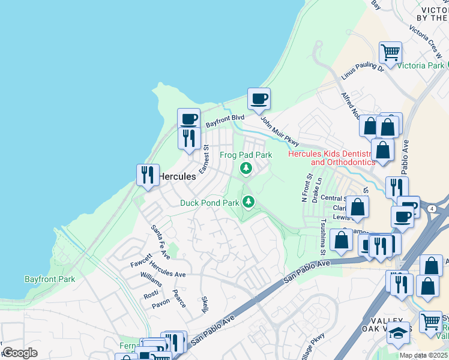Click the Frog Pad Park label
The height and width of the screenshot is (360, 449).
pyautogui.click(x=246, y=155)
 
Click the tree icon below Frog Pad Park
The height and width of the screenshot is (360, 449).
pyautogui.click(x=246, y=169)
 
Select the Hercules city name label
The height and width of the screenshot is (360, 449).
pyautogui.click(x=177, y=176)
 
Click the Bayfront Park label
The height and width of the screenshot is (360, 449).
pyautogui.click(x=50, y=279)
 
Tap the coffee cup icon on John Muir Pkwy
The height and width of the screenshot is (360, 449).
pyautogui.click(x=259, y=99)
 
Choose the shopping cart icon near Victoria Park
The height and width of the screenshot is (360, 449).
pyautogui.click(x=390, y=52)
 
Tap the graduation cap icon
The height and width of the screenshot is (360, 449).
pyautogui.click(x=397, y=332)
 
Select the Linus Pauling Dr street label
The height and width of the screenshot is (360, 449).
pyautogui.click(x=363, y=72)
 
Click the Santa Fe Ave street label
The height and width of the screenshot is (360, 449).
pyautogui.click(x=161, y=242)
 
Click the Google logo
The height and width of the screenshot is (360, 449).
pyautogui.click(x=20, y=352)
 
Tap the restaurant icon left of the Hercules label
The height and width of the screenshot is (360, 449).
pyautogui.click(x=148, y=175)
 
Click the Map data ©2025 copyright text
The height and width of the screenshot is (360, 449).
pyautogui.click(x=424, y=355)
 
